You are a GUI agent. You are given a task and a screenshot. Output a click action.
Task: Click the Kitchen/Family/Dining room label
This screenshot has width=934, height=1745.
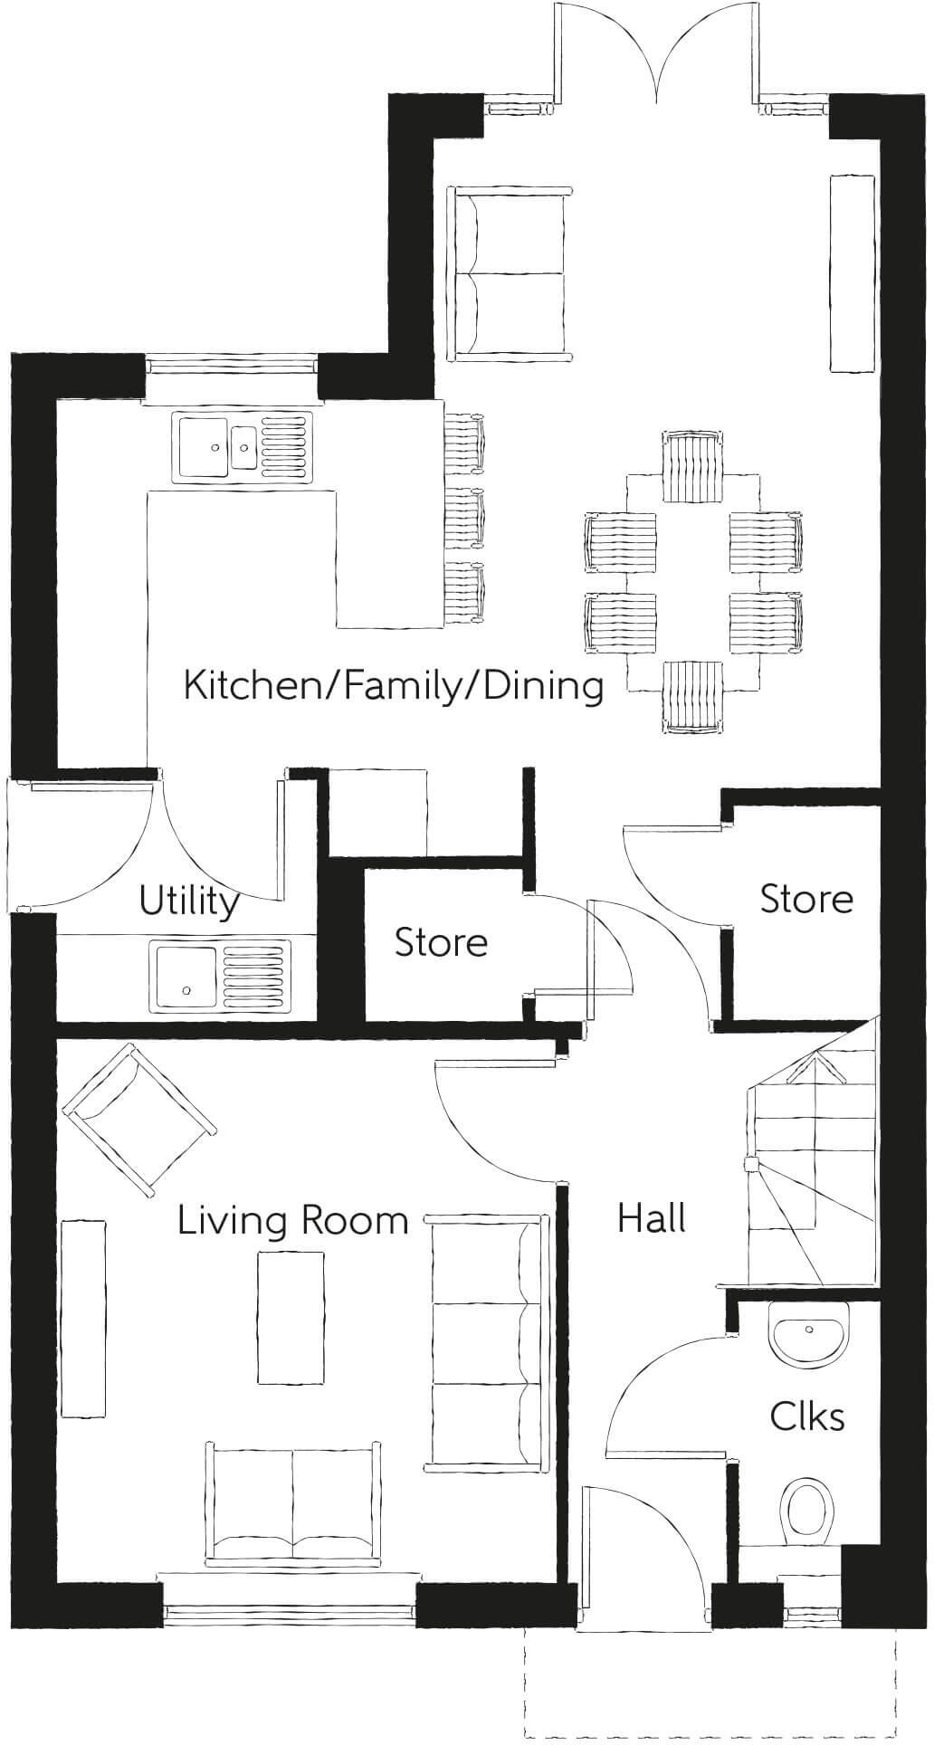pos(393,685)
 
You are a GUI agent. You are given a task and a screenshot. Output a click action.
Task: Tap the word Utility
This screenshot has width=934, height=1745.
pos(188,901)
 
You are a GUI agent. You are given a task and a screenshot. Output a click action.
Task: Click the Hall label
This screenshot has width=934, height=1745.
pos(651,1218)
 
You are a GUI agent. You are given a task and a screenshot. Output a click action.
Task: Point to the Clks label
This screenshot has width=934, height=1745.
pos(806,1416)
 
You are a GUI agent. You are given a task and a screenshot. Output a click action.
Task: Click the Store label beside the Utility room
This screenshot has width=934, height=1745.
pos(441,942)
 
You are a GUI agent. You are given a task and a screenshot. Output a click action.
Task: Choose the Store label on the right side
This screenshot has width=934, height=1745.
pos(805,899)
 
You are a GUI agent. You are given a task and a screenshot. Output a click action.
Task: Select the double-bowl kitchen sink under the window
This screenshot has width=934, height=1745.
pos(243,444)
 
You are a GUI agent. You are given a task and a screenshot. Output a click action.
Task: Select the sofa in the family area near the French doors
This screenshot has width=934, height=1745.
pos(509,272)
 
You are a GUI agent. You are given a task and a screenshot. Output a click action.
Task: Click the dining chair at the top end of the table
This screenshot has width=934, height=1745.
pos(692,465)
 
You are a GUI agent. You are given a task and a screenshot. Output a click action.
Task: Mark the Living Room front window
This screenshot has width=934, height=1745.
pos(290,1611)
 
